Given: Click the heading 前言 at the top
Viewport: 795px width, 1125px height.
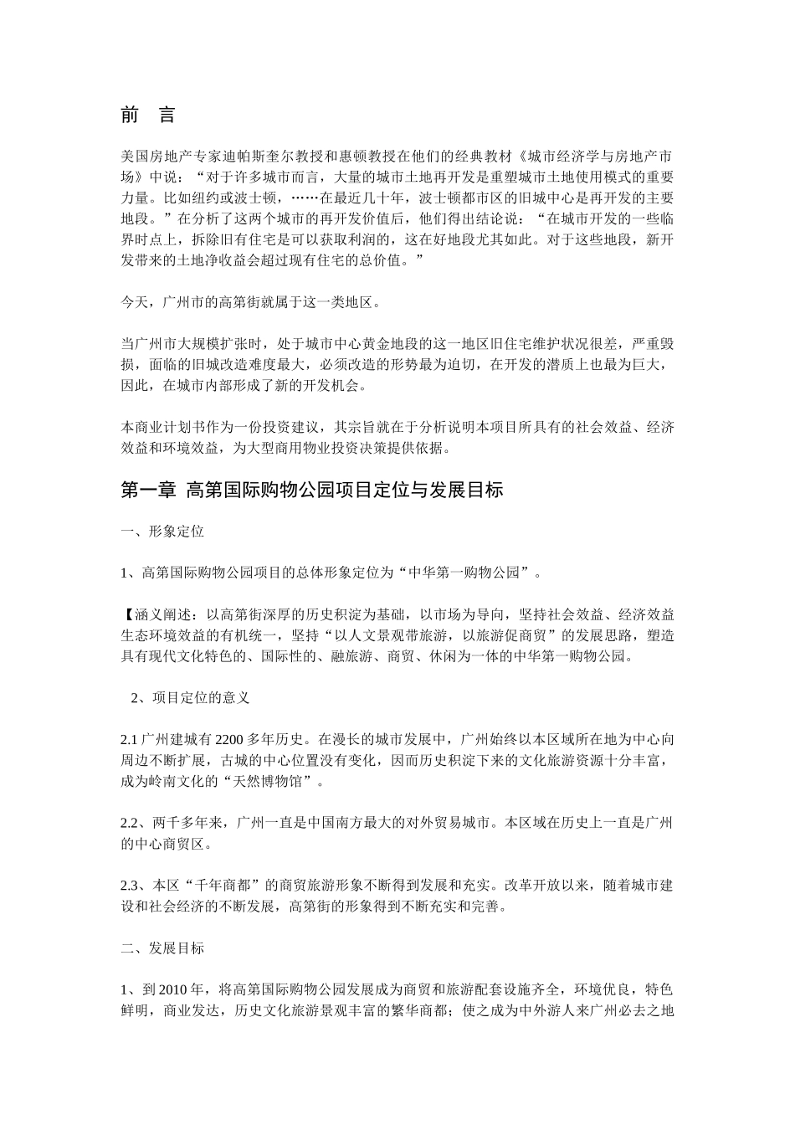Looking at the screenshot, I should pyautogui.click(x=147, y=116).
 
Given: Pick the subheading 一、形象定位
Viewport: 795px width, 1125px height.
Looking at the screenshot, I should pyautogui.click(x=162, y=532).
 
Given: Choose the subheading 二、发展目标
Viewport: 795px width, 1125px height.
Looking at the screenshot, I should pyautogui.click(x=162, y=948).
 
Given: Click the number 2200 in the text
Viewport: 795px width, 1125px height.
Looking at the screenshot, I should pyautogui.click(x=229, y=740).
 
